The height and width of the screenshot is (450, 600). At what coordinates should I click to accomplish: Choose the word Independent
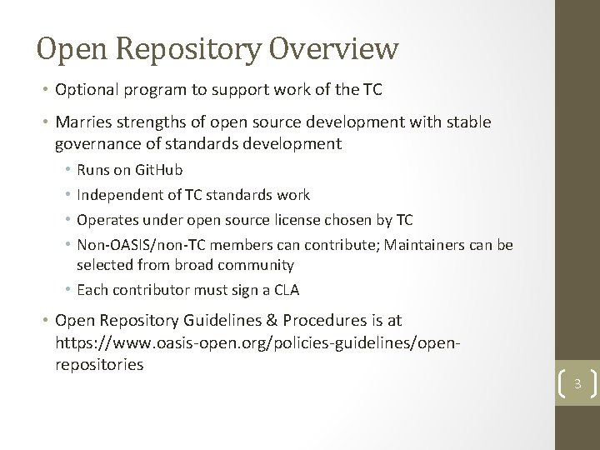click(119, 195)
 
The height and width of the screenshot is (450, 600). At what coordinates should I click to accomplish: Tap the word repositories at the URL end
click(100, 364)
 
